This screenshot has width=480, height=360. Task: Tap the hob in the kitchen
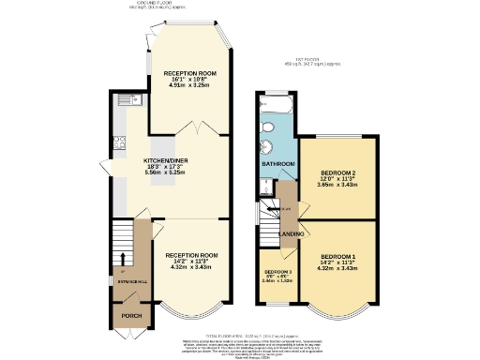(x=120, y=142)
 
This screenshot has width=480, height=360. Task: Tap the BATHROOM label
(x=278, y=164)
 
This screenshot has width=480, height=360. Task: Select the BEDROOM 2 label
(x=337, y=173)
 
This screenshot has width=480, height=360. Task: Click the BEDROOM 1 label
(x=337, y=257)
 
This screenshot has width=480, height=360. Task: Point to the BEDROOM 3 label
(x=277, y=273)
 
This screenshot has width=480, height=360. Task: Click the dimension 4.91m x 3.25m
(x=190, y=85)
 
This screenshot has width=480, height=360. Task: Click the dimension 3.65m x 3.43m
(x=337, y=186)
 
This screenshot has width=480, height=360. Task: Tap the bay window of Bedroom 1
(x=337, y=308)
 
